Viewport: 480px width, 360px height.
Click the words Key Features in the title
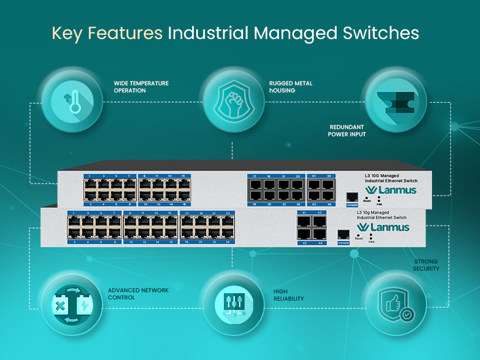point(107,32)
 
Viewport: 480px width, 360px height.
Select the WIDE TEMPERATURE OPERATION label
point(141,87)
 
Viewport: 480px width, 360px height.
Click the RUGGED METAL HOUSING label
point(290,87)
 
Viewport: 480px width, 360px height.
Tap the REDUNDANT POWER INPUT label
point(347,131)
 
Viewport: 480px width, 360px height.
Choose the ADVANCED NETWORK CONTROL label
point(137,293)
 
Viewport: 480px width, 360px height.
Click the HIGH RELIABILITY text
point(289,295)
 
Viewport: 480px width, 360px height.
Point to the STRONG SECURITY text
point(426,265)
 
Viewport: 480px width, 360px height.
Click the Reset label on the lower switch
point(359,238)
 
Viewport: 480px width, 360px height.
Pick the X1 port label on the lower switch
point(304,213)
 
